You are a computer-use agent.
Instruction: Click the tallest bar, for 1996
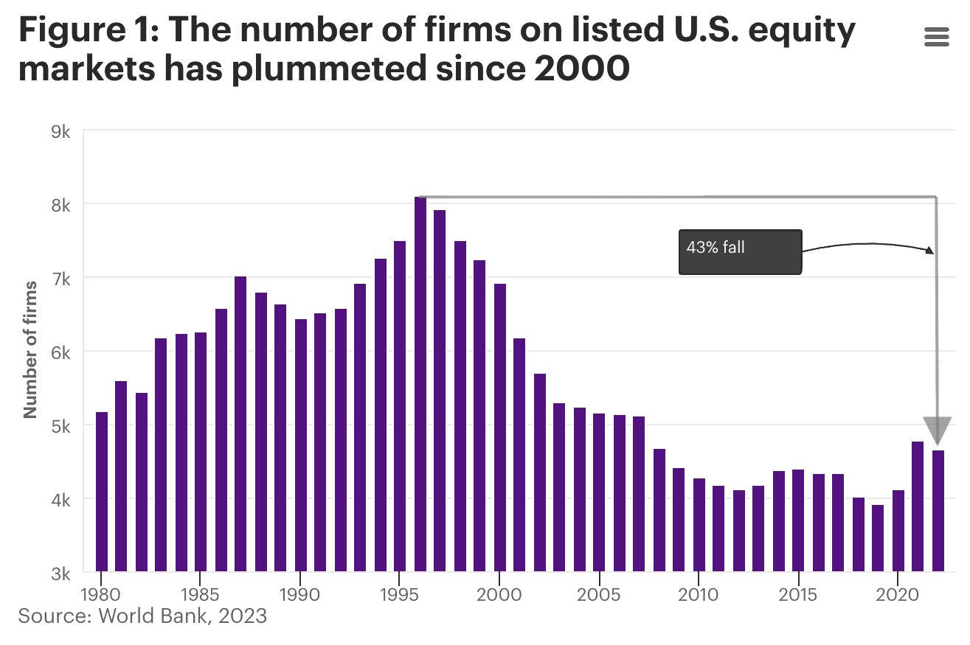click(x=420, y=383)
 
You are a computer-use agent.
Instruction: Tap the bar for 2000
click(x=500, y=428)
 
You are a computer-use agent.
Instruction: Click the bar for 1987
click(x=240, y=424)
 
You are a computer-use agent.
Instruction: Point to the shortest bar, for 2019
click(x=878, y=537)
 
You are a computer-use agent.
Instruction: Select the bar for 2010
click(x=699, y=524)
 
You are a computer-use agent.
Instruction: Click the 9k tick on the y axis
click(x=60, y=132)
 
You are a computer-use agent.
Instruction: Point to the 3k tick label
click(x=60, y=573)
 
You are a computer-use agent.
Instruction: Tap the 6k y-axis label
click(x=60, y=352)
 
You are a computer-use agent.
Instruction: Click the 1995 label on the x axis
click(x=398, y=594)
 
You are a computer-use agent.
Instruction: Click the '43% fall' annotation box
click(x=740, y=252)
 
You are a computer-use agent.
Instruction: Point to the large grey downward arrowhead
click(x=938, y=430)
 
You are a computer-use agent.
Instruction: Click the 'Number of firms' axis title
click(x=31, y=349)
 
